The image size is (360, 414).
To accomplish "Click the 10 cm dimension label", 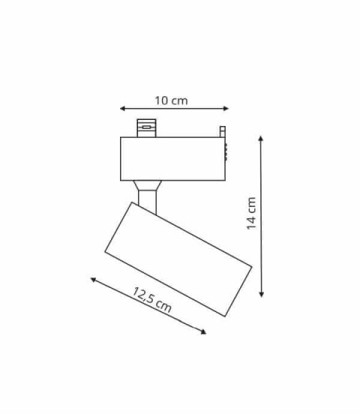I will click(x=171, y=100).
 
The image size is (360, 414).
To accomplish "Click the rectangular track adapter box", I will click(x=172, y=158).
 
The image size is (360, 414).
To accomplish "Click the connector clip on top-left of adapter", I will click(x=145, y=127).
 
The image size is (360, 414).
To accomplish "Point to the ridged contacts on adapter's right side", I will click(x=227, y=150).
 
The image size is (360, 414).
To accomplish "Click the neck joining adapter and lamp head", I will click(x=148, y=200).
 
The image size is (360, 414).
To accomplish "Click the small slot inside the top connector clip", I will click(x=145, y=127).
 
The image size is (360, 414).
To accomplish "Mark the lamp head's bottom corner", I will click(x=224, y=316).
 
